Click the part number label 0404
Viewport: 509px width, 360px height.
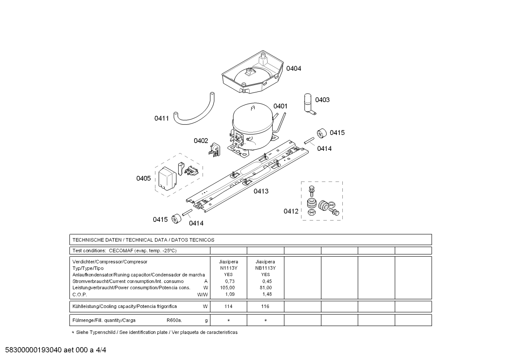(293, 69)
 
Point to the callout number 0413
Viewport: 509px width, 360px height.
(261, 191)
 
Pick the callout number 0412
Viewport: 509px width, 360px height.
(291, 211)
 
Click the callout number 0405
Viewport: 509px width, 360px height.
(143, 178)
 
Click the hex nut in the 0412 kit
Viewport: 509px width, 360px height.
(311, 213)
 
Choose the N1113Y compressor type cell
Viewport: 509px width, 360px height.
(228, 268)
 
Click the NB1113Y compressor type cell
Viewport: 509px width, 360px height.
(265, 268)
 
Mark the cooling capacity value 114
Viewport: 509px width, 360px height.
(228, 306)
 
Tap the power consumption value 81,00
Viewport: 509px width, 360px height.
(265, 288)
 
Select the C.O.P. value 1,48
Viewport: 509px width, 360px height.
(267, 294)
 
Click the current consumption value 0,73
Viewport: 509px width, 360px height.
(229, 281)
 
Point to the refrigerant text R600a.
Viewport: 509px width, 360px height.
(174, 320)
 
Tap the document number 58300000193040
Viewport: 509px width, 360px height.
(34, 350)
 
